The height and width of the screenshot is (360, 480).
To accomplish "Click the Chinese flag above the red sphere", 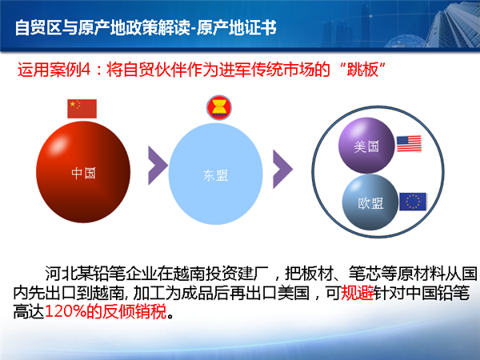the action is pos(82,109).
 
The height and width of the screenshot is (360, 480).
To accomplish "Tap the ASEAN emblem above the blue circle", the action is pos(219,108).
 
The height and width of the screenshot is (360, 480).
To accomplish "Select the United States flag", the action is pos(409,144).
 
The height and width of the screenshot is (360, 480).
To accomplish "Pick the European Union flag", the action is pos(413,202).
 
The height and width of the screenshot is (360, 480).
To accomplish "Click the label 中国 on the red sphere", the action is pos(83,173).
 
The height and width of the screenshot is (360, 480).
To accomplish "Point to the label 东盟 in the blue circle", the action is pos(215,175).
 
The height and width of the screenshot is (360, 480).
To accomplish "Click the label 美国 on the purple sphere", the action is pos(366,146).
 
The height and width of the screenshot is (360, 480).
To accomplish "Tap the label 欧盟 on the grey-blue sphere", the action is pos(370,203).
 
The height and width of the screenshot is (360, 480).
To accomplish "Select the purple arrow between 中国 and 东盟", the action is pos(158,166).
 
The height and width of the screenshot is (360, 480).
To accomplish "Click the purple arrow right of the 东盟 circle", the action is pos(283,169).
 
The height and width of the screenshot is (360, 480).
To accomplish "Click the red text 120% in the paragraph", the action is pos(66,311).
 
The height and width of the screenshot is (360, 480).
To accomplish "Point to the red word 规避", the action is pos(357,293).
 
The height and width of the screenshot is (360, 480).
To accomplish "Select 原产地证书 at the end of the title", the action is pos(237,27).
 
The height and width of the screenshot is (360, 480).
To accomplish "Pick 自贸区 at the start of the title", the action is pos(38,27).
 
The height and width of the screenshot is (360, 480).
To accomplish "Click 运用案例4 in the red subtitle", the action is pos(54,70).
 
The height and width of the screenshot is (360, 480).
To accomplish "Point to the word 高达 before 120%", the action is pos(29,311).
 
